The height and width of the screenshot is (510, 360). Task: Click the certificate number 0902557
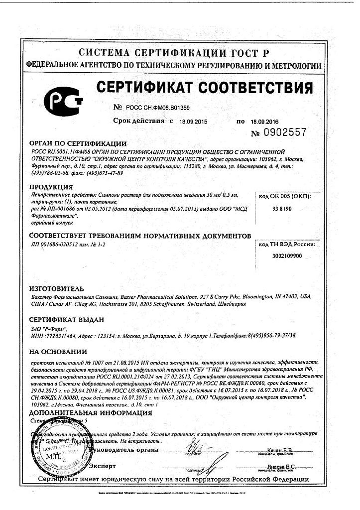point(280,132)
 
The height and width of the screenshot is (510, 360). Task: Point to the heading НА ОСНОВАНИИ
point(55,352)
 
